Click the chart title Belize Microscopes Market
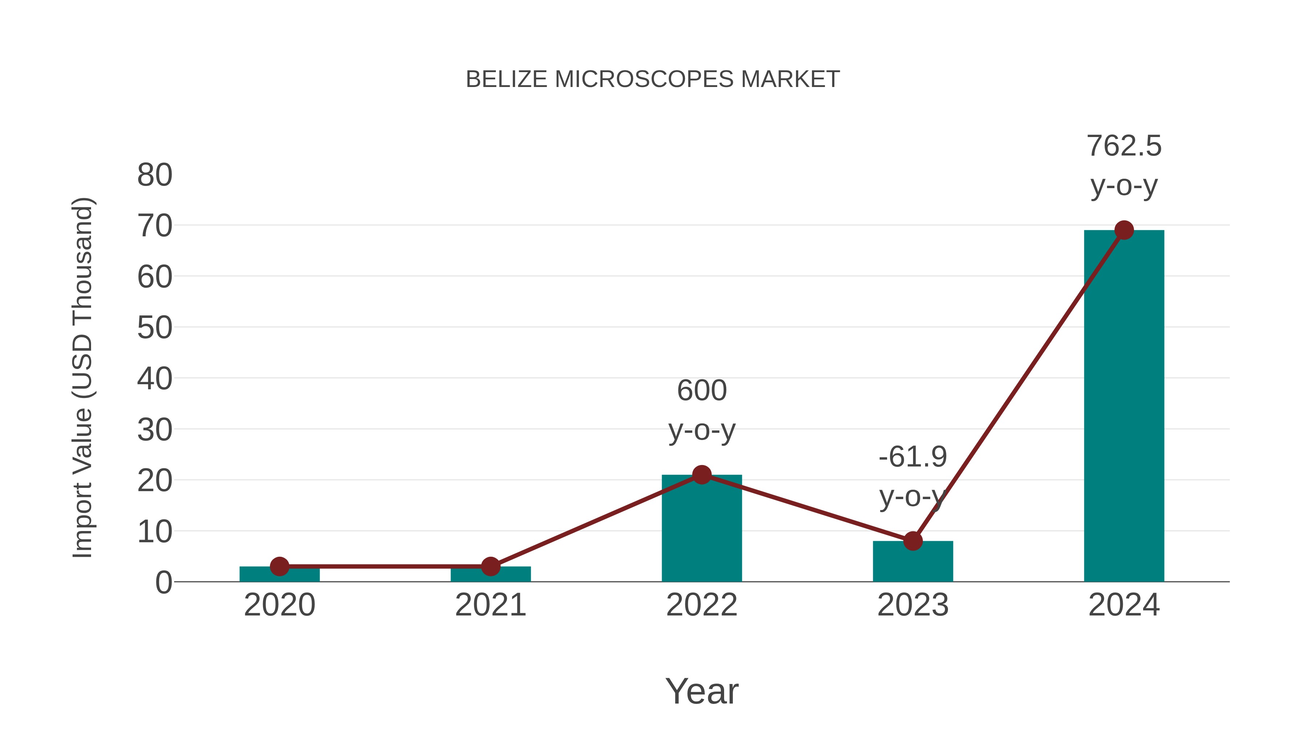(x=653, y=79)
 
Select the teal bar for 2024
(x=1124, y=405)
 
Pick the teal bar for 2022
(x=702, y=532)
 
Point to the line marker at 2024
(x=1124, y=231)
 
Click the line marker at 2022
(x=702, y=474)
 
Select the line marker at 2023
(x=913, y=541)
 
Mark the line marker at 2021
(x=490, y=566)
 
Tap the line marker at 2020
(x=279, y=566)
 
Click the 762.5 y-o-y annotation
(x=1124, y=166)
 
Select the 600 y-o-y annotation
(x=702, y=410)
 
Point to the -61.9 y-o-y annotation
(x=913, y=477)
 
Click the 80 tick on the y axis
(x=155, y=175)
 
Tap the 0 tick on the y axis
(x=163, y=582)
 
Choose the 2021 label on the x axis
(x=490, y=605)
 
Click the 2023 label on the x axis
(x=913, y=605)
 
